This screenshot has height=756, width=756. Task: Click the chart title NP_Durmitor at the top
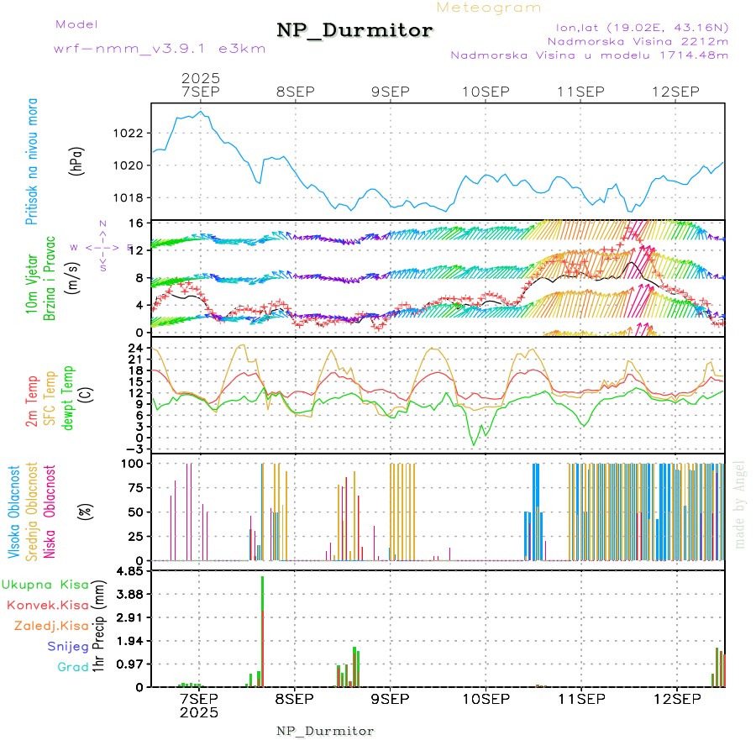point(354,31)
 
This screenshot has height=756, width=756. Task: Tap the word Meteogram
point(489,8)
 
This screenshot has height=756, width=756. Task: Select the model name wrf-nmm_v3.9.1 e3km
point(159,49)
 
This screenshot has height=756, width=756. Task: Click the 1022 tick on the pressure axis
point(129,133)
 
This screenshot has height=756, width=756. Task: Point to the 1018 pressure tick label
point(129,198)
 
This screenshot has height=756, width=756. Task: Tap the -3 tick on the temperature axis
point(134,449)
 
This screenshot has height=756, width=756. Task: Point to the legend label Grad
point(72,667)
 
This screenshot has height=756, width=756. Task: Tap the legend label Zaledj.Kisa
point(51,626)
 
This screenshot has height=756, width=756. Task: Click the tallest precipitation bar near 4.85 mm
point(263,630)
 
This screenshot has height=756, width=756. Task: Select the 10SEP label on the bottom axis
point(486,699)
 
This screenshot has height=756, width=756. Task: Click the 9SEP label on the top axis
point(390,92)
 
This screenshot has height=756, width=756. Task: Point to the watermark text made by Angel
point(740,504)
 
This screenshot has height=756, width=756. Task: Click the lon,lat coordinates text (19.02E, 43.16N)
point(636,27)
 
